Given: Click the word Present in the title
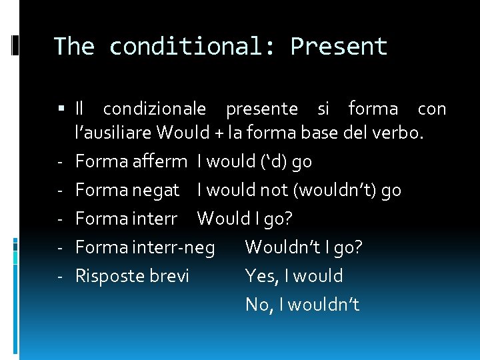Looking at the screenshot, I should click(339, 47).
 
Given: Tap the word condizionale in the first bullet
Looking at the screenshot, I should click(155, 109).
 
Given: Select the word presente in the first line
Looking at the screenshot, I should click(262, 109).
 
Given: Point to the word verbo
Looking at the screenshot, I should click(401, 133).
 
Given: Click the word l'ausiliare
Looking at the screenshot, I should click(114, 133).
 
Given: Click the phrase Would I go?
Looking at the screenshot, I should click(245, 219).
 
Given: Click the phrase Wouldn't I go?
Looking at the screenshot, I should click(304, 248).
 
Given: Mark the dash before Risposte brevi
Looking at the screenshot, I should click(60, 276).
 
